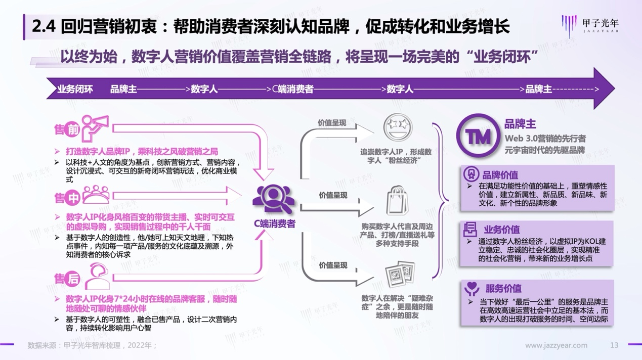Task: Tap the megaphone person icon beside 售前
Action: pyautogui.click(x=95, y=128)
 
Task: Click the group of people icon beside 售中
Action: pyautogui.click(x=96, y=195)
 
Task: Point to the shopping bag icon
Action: pyautogui.click(x=397, y=200)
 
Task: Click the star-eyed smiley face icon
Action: pyautogui.click(x=398, y=127)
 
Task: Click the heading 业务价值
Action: pyautogui.click(x=502, y=230)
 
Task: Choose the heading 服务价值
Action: pyautogui.click(x=503, y=288)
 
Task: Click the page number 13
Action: pyautogui.click(x=614, y=345)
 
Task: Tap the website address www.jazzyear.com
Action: pyautogui.click(x=556, y=345)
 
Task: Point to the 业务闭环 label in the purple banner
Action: pyautogui.click(x=75, y=89)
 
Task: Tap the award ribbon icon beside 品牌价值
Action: pyautogui.click(x=471, y=174)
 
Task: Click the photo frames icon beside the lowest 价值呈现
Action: pyautogui.click(x=400, y=275)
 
